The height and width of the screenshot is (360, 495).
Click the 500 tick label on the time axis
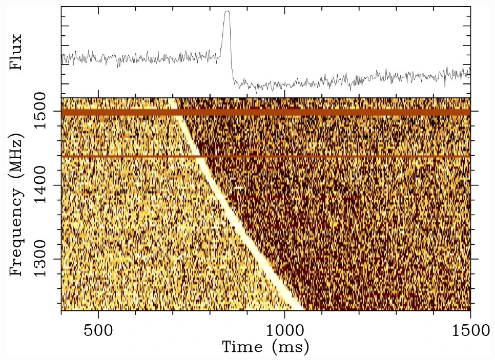click(x=98, y=330)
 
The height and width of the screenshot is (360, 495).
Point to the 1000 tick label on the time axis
click(x=284, y=330)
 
